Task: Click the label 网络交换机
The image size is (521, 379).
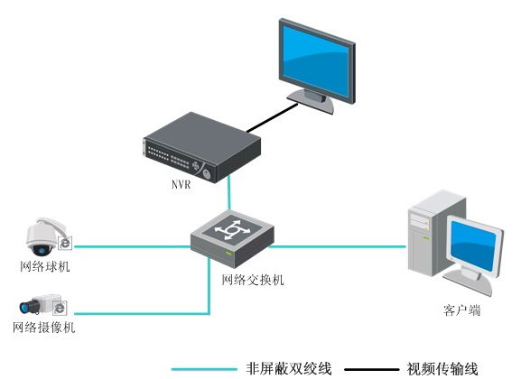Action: point(253,280)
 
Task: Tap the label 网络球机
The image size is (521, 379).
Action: point(45,267)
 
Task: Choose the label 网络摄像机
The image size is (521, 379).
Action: point(45,328)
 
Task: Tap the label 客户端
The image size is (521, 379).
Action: point(461,310)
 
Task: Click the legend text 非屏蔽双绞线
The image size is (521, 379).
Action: point(289,368)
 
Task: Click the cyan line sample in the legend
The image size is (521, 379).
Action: point(203,369)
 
